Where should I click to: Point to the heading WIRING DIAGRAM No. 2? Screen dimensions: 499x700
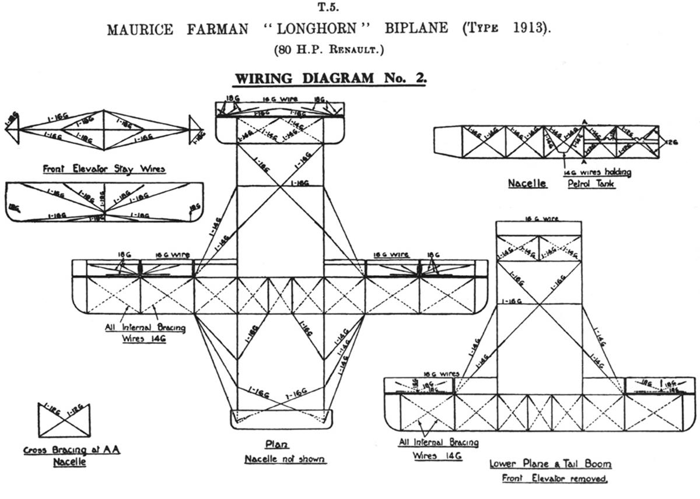point(330,79)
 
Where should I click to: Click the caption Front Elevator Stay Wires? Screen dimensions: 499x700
point(104,169)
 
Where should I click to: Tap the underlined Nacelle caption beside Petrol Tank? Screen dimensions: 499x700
point(527,183)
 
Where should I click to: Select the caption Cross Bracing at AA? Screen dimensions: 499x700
point(72,450)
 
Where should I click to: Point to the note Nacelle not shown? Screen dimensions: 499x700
point(285,459)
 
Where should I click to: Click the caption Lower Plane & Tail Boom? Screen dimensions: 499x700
point(551,464)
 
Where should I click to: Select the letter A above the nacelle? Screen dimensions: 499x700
point(584,121)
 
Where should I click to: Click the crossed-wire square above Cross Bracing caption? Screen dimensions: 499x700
point(64,420)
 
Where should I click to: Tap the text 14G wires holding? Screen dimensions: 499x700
point(597,173)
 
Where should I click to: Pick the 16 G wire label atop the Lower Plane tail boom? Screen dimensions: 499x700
point(538,219)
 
